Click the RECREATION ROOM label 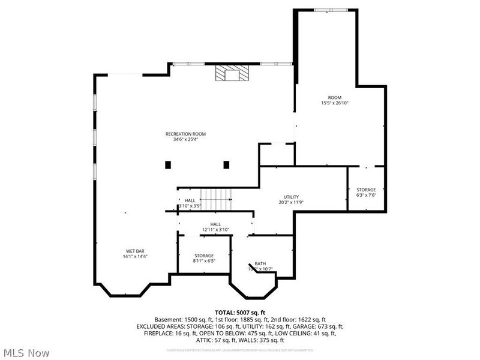tap(186, 134)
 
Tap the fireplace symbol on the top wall tap(232, 73)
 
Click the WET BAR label tap(134, 251)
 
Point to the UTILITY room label tap(292, 197)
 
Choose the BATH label tap(260, 263)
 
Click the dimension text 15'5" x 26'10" tap(335, 103)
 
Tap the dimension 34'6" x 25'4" tap(186, 139)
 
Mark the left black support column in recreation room tap(169, 164)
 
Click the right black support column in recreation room tap(226, 164)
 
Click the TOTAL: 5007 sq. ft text tap(240, 312)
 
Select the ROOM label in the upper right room tap(334, 97)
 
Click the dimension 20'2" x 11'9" tap(292, 202)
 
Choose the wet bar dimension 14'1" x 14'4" tap(134, 256)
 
